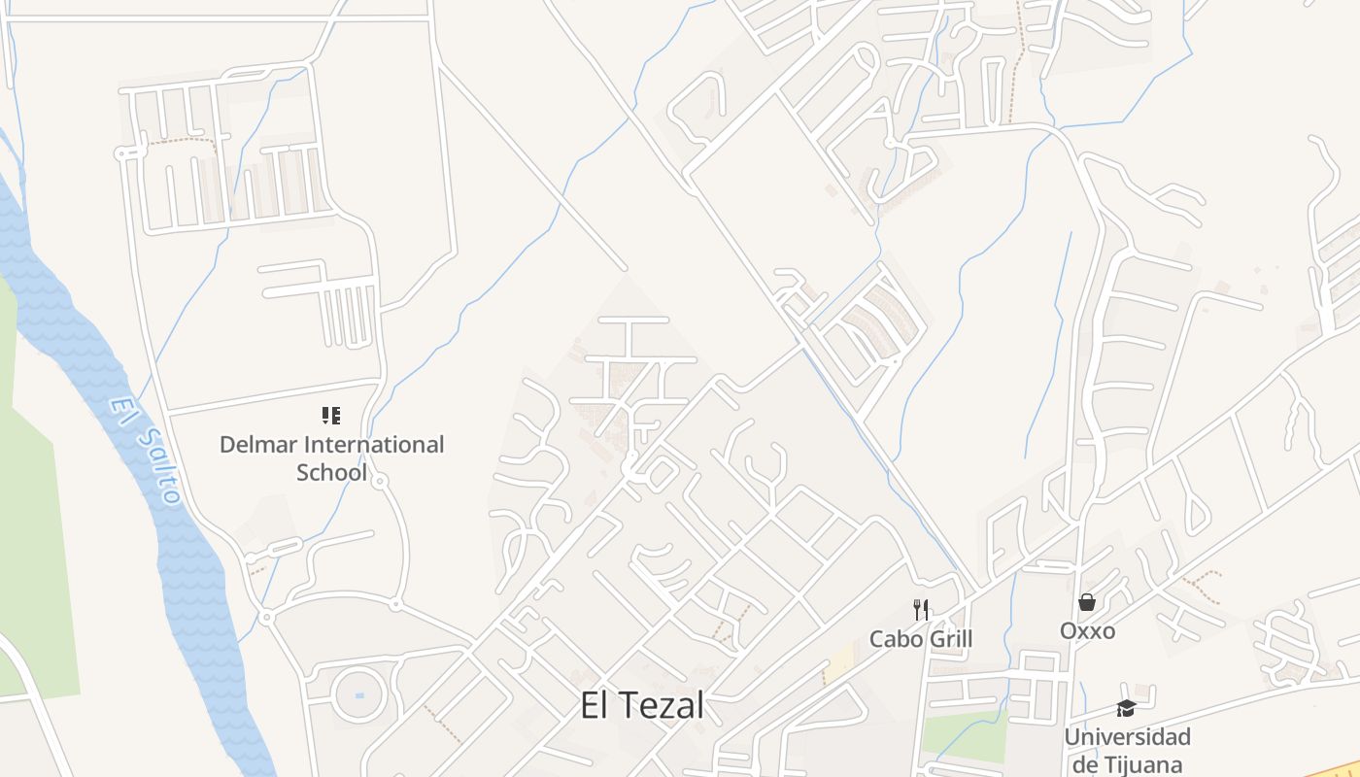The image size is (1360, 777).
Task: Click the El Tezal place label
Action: tap(641, 706)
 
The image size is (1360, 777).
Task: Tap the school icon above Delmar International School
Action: tap(331, 416)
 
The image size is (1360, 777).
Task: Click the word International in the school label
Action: tap(374, 445)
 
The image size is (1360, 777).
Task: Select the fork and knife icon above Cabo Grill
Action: tap(921, 610)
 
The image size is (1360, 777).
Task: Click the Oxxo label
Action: tap(1087, 631)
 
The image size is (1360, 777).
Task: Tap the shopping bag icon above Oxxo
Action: tap(1087, 602)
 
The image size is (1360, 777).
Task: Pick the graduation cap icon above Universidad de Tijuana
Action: tap(1126, 708)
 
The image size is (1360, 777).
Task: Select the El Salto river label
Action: tap(146, 452)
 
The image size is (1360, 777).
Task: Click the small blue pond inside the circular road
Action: tap(359, 695)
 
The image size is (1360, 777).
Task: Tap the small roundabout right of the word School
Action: tap(380, 480)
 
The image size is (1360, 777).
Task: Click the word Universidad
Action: tap(1127, 737)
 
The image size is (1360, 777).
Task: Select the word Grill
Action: tap(948, 639)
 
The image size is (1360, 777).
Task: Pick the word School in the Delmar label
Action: tap(331, 473)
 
